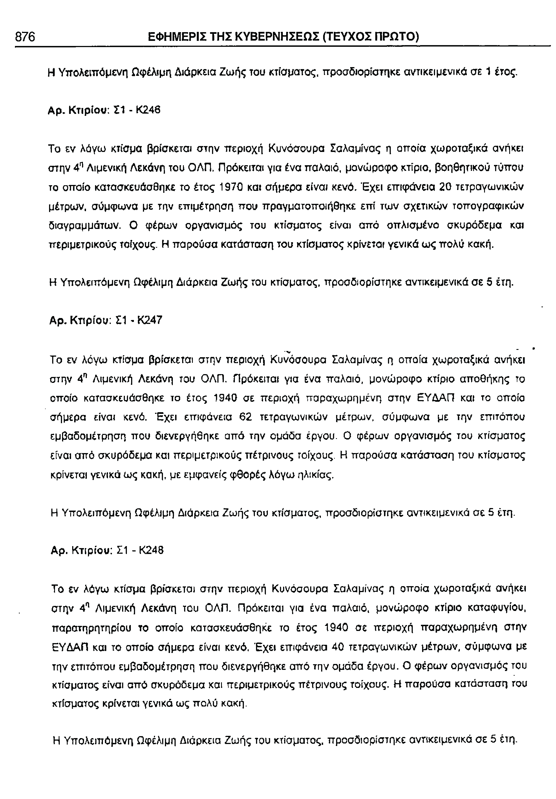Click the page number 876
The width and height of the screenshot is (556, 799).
[x=25, y=37]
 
